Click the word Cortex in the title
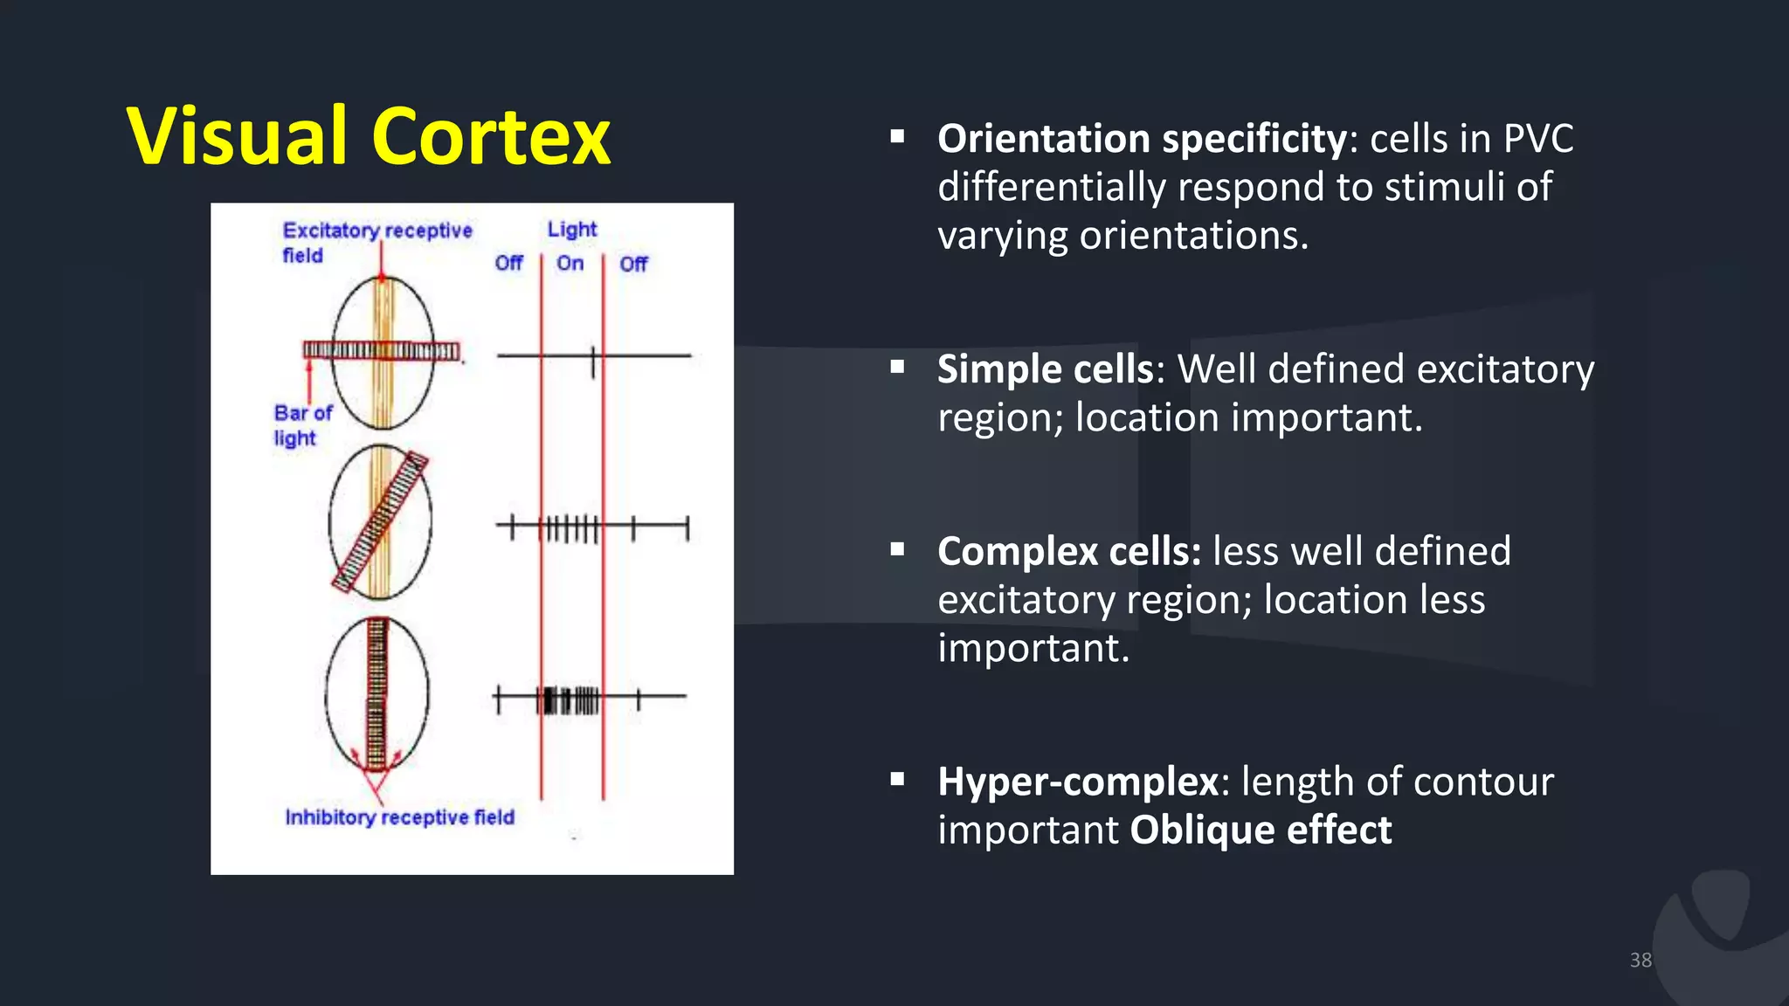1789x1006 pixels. coord(491,137)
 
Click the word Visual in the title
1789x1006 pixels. coord(238,137)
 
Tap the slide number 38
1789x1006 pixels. coord(1640,960)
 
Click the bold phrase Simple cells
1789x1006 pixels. coord(1046,369)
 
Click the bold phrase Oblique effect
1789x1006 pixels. coord(1261,830)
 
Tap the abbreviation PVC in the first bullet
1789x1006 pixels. coord(1538,140)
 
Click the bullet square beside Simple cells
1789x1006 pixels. coord(897,368)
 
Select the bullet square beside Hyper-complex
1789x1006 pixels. coord(897,780)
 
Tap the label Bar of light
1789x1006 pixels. coord(301,424)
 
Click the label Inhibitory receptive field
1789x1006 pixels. coord(399,817)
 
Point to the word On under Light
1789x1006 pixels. coord(570,263)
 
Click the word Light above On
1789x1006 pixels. coord(572,229)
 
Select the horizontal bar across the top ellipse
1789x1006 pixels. coord(381,351)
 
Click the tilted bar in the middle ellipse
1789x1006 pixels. coord(381,522)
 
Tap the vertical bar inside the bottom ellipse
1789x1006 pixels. coord(376,694)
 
